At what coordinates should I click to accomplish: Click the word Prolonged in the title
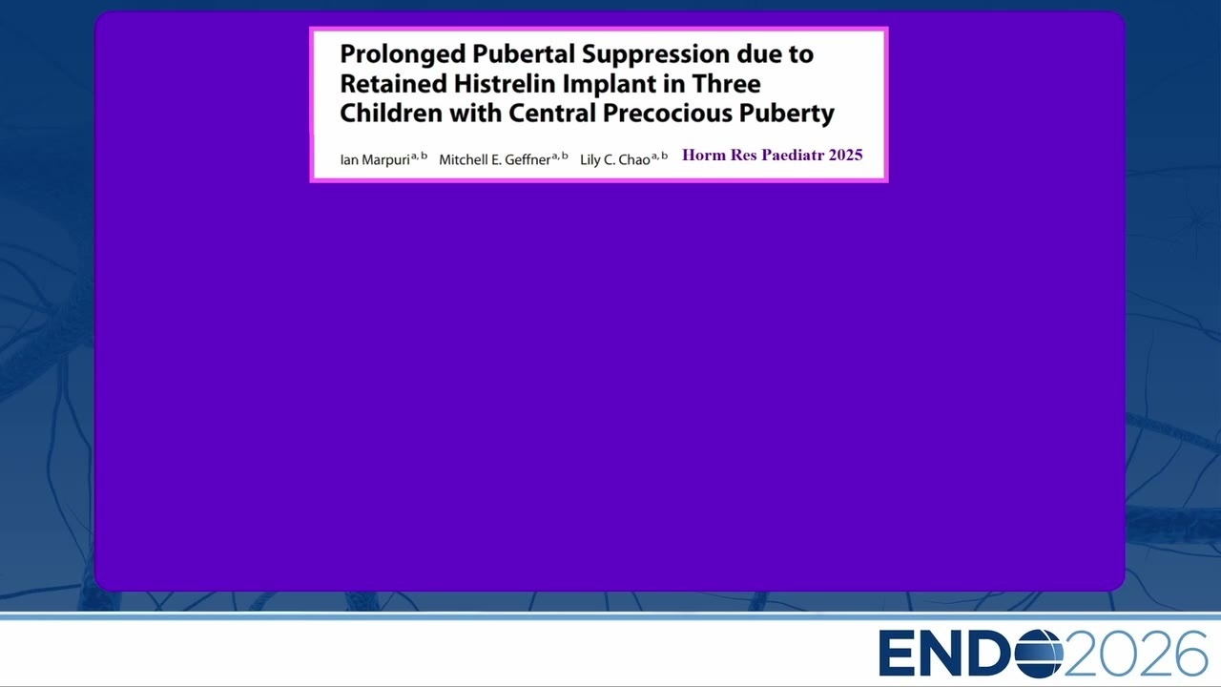[403, 55]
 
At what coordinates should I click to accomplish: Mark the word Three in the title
[726, 83]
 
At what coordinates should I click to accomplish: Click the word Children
[391, 113]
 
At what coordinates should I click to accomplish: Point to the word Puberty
[787, 114]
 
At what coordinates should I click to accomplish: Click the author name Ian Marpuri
[375, 159]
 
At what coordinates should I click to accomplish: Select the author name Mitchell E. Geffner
[494, 159]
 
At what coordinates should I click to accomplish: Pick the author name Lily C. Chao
[615, 159]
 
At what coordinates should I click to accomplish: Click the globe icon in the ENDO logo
[1039, 654]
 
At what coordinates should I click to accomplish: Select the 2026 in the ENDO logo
[1135, 654]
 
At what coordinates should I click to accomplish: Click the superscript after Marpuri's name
[419, 156]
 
